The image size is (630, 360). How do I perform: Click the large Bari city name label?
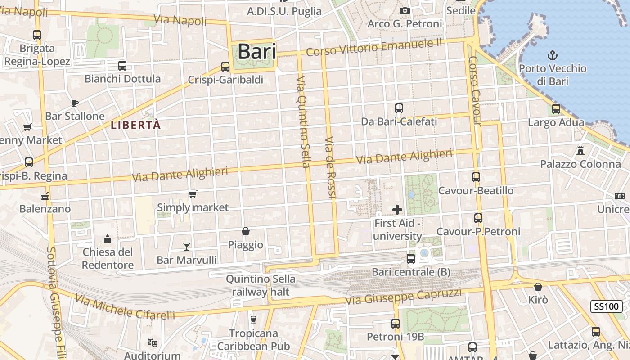click(x=256, y=51)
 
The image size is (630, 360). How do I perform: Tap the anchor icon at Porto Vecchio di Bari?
click(x=552, y=55)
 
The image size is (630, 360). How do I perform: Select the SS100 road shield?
click(x=606, y=306)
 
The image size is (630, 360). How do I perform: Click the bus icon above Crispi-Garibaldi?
click(x=225, y=67)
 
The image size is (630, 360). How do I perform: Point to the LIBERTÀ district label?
click(x=135, y=126)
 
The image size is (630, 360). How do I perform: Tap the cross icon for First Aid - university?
click(x=397, y=209)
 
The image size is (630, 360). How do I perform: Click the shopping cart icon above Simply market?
click(x=193, y=194)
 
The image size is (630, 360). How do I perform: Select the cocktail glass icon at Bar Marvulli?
click(x=187, y=246)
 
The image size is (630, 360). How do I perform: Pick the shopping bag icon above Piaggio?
click(x=246, y=231)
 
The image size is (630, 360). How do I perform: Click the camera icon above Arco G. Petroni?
click(x=405, y=10)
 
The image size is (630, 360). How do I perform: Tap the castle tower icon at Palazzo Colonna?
click(x=580, y=150)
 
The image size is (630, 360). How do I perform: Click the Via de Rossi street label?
click(x=330, y=167)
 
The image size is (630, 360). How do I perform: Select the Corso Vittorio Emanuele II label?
click(x=374, y=47)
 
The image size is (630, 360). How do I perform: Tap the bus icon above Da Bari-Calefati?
click(x=399, y=108)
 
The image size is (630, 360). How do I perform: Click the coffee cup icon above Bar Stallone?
click(x=75, y=103)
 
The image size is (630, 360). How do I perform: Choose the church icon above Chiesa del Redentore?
click(x=108, y=238)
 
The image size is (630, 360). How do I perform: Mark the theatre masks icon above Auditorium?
click(x=153, y=343)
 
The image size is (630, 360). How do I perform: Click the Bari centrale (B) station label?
click(x=411, y=272)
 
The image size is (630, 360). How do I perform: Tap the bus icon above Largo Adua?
click(x=556, y=108)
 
